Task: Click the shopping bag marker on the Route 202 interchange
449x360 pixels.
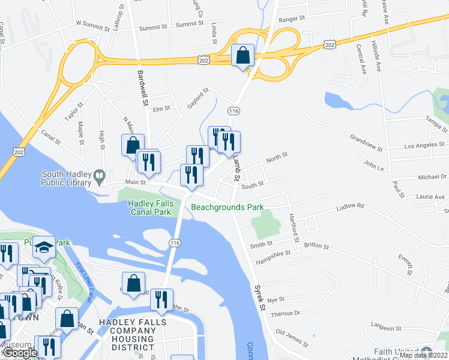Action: click(x=243, y=56)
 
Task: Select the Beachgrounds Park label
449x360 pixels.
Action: click(x=228, y=208)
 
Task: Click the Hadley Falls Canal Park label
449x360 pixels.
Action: click(x=151, y=208)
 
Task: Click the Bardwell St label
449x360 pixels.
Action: click(x=142, y=88)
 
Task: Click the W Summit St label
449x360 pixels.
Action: click(x=95, y=23)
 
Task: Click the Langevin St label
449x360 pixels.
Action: click(x=385, y=328)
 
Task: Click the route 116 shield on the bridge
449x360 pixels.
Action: click(x=175, y=242)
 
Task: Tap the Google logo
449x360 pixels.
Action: click(x=20, y=353)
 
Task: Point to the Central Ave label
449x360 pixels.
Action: click(x=361, y=59)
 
